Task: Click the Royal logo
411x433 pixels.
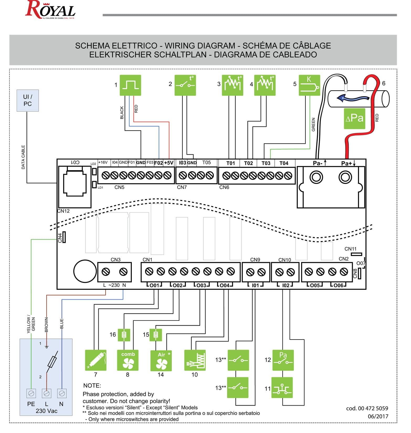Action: click(50, 10)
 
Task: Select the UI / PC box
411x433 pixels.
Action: click(28, 101)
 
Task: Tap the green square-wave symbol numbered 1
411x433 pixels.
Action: click(130, 85)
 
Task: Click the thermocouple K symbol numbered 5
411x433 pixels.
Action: click(309, 85)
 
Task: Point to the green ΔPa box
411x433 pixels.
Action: click(354, 118)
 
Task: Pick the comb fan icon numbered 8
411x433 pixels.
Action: click(128, 360)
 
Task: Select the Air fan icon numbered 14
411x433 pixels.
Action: click(161, 360)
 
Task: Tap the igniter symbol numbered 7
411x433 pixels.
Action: click(96, 360)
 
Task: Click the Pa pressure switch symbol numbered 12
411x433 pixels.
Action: click(283, 360)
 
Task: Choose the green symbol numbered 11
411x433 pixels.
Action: click(282, 388)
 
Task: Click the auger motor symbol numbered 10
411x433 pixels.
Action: click(195, 360)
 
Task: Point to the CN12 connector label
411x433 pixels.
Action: click(64, 211)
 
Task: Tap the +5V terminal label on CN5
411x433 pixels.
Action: click(169, 163)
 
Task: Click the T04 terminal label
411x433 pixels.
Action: click(284, 163)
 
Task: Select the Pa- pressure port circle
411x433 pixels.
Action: click(316, 177)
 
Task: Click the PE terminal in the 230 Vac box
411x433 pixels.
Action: click(31, 393)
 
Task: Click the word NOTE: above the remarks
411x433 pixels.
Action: click(92, 386)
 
